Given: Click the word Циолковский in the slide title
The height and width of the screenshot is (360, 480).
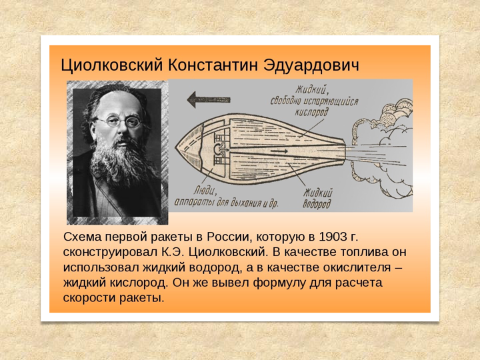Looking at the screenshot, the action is tap(111, 65).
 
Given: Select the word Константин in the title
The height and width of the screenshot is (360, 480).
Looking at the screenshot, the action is tap(213, 65).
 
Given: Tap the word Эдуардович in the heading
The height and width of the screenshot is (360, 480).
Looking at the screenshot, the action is tap(311, 65).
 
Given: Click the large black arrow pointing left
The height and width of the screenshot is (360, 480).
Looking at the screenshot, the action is tap(209, 99).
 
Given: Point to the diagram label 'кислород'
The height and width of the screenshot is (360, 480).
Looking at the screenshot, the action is tap(311, 112).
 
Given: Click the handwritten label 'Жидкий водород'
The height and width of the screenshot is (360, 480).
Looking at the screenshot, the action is tap(317, 199).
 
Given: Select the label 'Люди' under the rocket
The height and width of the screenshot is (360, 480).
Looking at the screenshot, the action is tap(205, 191).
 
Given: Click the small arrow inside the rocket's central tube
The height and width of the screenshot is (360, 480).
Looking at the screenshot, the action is tap(279, 151).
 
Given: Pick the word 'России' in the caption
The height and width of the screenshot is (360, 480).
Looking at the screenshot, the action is tap(228, 237).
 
